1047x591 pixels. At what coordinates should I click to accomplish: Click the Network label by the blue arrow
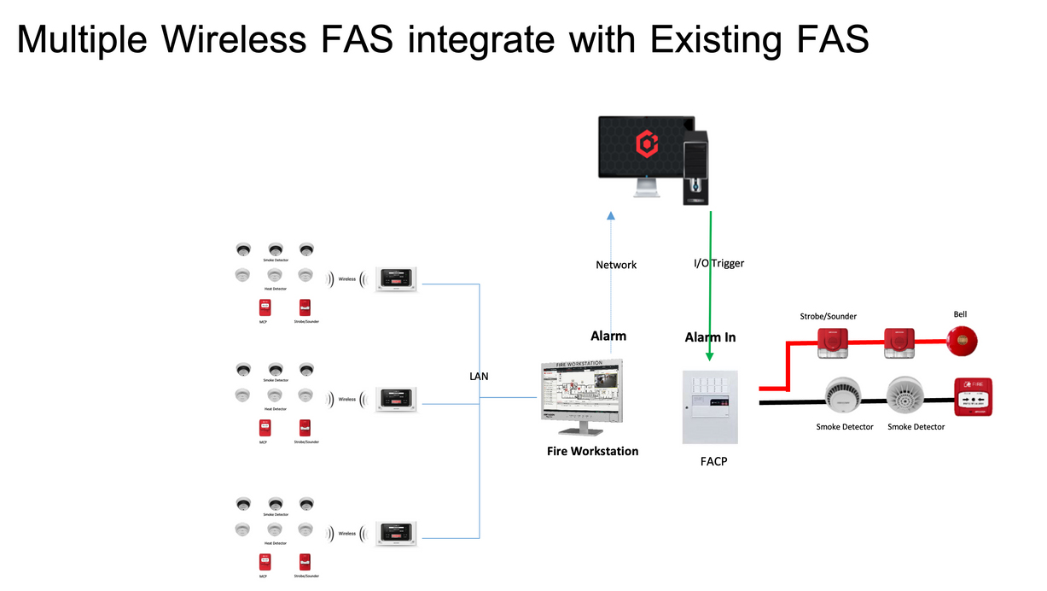(616, 265)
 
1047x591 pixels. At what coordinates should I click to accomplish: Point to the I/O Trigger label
(718, 263)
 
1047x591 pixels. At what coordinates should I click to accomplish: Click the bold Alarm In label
(710, 337)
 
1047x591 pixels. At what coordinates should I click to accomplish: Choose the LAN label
(479, 376)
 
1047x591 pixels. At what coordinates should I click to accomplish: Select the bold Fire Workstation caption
(592, 451)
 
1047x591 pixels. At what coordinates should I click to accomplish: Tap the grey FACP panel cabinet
(710, 407)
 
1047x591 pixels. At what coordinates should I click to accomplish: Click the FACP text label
(713, 461)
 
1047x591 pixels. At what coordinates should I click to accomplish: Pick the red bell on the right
(962, 342)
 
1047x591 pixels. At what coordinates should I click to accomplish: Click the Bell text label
(960, 314)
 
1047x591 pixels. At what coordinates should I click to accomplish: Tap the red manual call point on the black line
(973, 397)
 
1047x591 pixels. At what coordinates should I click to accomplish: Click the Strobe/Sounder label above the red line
(828, 316)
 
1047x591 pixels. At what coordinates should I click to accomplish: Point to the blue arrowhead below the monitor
(611, 218)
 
